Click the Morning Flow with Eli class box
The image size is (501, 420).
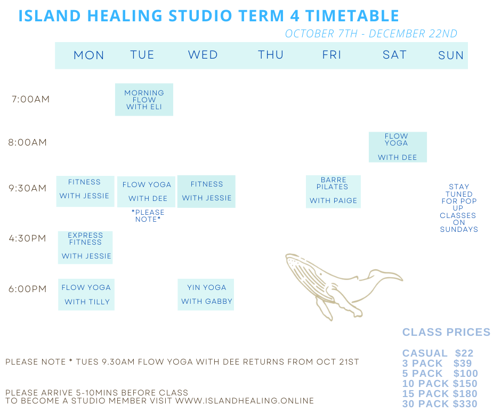click(x=144, y=100)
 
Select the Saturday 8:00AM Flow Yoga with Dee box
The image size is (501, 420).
click(x=398, y=147)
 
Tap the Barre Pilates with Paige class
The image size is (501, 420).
click(x=333, y=191)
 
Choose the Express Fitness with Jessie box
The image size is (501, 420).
click(x=85, y=247)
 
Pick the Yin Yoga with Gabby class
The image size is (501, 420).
click(x=206, y=294)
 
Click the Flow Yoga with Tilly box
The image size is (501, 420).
click(x=86, y=294)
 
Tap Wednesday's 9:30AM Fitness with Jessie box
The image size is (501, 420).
click(x=206, y=191)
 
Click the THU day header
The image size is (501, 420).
click(x=271, y=55)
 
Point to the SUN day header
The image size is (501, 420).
click(x=451, y=55)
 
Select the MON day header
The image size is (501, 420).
click(x=89, y=55)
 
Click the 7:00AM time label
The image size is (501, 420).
click(x=30, y=99)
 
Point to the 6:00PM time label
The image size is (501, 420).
click(x=28, y=289)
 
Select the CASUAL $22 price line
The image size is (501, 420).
click(x=438, y=353)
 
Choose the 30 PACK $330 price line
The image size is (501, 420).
click(x=440, y=404)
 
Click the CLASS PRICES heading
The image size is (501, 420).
click(x=446, y=332)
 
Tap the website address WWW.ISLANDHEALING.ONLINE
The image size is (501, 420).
click(x=245, y=401)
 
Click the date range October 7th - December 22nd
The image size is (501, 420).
click(x=371, y=34)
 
